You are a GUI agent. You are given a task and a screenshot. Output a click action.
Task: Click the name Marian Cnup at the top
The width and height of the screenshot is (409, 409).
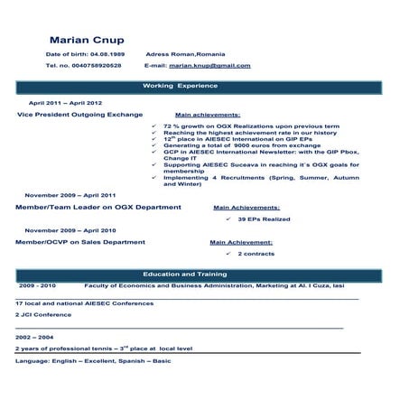coord(87,40)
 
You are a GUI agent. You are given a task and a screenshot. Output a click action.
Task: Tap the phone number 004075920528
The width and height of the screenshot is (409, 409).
coord(96,66)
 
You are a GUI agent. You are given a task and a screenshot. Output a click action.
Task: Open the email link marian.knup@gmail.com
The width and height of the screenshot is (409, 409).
coord(209,66)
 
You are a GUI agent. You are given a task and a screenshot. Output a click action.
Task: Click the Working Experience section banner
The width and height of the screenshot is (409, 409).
coord(181,86)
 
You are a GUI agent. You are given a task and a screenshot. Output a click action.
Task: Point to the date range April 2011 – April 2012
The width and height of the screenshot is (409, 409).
coord(66,104)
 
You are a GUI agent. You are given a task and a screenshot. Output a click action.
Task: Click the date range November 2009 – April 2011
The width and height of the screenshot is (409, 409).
coord(70,195)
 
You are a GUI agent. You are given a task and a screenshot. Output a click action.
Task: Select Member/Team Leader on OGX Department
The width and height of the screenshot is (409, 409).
coord(98,207)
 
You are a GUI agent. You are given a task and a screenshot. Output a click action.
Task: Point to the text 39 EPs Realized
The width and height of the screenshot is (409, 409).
coord(264,218)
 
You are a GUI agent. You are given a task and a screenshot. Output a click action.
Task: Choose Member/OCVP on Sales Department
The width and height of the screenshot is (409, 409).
coord(80,242)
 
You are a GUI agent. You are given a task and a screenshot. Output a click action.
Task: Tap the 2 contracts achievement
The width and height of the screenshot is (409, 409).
coord(257,255)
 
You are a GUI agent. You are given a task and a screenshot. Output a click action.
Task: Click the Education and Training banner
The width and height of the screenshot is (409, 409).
coord(181,273)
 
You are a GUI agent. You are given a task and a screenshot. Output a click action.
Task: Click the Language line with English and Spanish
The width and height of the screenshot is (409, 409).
coord(93,361)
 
